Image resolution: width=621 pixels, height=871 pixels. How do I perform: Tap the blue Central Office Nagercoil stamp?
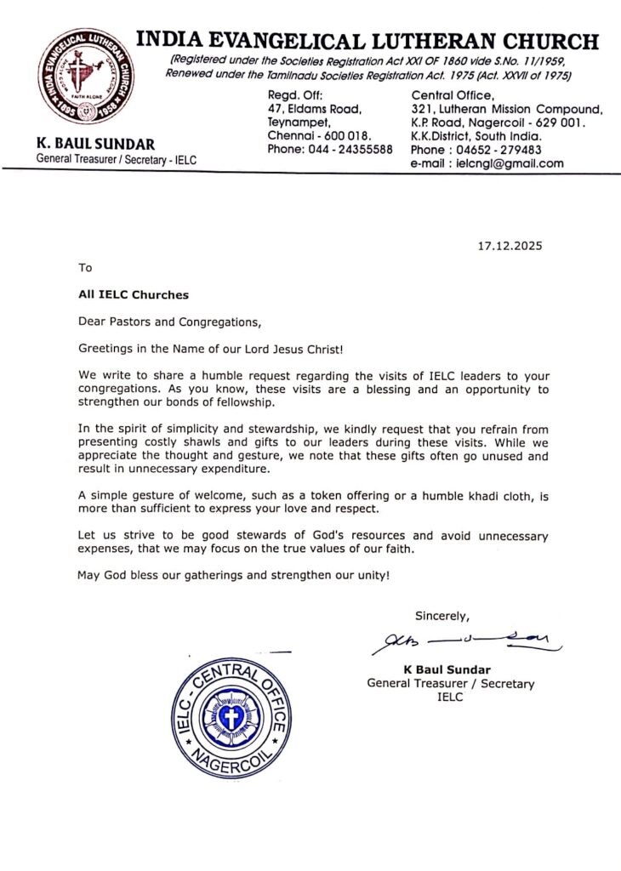pyautogui.click(x=231, y=716)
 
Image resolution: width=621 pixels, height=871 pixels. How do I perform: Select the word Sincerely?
pyautogui.click(x=442, y=616)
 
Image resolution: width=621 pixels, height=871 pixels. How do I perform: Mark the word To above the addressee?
pyautogui.click(x=84, y=268)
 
